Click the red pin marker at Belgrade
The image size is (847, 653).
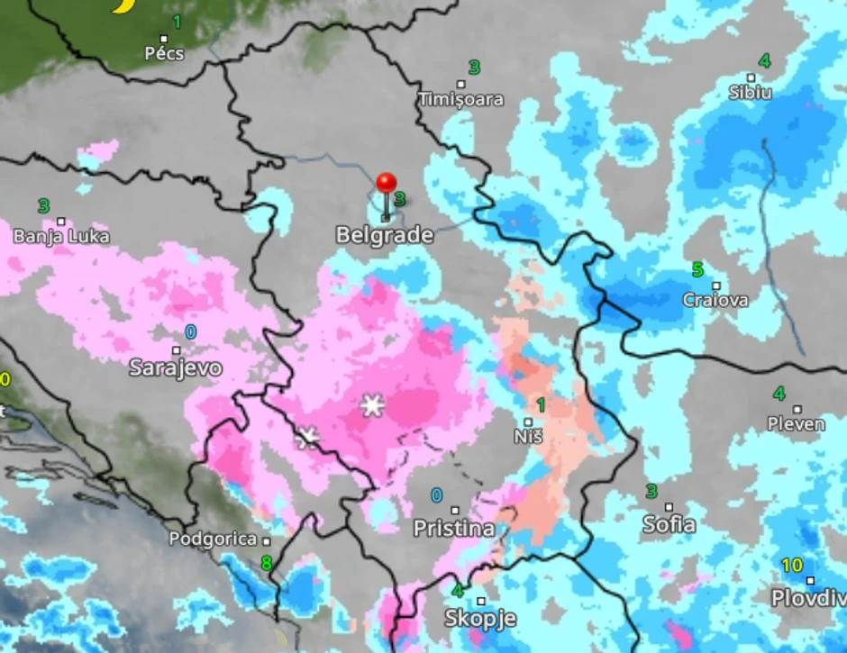387,184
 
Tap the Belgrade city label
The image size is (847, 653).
385,236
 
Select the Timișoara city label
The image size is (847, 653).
460,99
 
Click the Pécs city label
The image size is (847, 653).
164,54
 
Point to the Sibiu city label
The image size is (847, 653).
751,92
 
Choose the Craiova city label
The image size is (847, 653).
715,300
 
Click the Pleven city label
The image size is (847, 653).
796,423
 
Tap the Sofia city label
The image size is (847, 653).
669,524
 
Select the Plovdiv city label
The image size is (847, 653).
808,597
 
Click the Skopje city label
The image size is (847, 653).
480,618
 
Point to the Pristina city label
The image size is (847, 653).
454,528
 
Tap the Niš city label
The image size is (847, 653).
528,436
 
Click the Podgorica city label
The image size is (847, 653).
214,539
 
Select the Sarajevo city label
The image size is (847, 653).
176,367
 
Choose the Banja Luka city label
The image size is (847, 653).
61,237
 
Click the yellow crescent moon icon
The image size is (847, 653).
123,5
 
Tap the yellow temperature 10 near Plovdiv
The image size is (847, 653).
792,566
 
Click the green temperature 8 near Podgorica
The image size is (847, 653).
266,564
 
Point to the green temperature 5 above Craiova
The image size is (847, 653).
697,269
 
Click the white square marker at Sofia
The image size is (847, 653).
669,507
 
